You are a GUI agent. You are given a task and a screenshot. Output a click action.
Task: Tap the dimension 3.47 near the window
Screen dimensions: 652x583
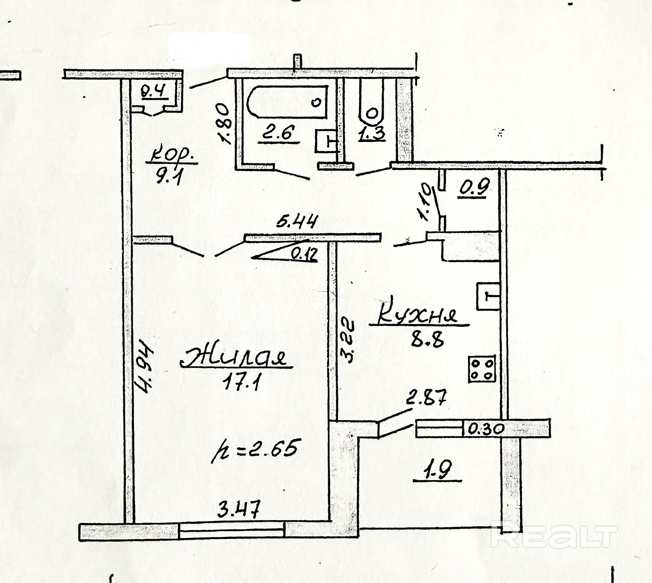pos(239,509)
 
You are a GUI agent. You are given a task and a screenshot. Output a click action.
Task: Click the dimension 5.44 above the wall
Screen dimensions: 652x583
pos(296,223)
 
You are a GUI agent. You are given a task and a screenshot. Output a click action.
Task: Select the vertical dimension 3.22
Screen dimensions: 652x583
pos(348,341)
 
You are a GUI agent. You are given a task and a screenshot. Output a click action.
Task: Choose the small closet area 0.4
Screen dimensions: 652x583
pos(155,91)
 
